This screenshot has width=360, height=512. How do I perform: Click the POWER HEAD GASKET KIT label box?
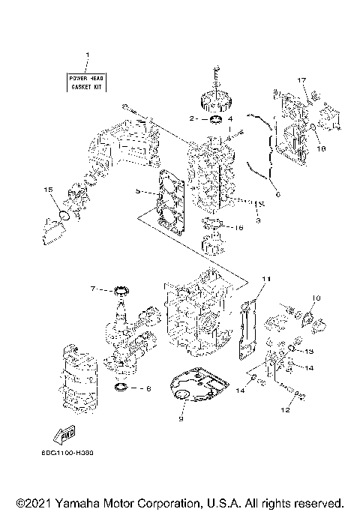[86, 82]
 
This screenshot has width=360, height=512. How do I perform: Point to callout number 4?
[230, 118]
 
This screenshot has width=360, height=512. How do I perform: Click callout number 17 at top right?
[301, 80]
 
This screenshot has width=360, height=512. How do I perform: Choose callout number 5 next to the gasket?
[139, 192]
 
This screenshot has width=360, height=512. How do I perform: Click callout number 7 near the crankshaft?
[94, 288]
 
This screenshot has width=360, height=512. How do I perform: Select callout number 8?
[148, 388]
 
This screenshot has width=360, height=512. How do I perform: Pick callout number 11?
[264, 279]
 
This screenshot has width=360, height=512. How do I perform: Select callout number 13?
[309, 351]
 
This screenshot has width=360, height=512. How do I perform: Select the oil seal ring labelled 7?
[118, 289]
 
